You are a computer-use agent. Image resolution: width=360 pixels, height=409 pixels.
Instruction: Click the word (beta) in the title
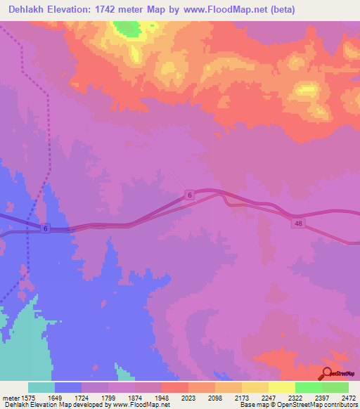281,10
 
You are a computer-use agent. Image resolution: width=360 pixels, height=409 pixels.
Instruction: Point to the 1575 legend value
27,398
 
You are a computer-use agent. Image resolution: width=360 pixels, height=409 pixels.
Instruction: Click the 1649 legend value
55,398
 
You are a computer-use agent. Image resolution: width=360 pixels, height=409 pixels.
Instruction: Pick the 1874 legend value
134,398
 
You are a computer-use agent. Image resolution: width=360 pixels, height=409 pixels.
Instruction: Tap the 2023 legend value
188,398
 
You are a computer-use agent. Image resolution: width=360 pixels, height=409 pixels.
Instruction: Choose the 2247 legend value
267,398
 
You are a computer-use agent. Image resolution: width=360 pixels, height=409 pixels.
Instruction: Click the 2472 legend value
347,398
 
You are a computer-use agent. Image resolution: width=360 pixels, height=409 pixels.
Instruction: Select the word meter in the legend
10,398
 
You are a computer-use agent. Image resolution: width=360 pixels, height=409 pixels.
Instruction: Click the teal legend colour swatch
41,387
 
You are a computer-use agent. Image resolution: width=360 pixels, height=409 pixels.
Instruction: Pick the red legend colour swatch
174,387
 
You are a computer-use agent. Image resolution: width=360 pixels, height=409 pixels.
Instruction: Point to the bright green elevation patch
127,28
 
